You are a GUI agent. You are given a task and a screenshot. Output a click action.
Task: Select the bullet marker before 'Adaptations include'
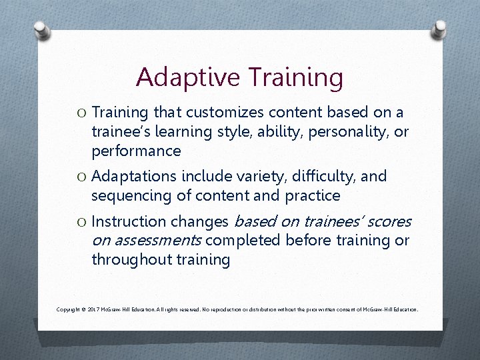point(80,177)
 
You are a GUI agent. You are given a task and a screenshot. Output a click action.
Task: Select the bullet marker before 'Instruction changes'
point(80,222)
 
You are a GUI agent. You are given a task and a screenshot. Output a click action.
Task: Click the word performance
point(136,151)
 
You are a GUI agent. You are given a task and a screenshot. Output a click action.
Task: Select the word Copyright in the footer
point(69,310)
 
